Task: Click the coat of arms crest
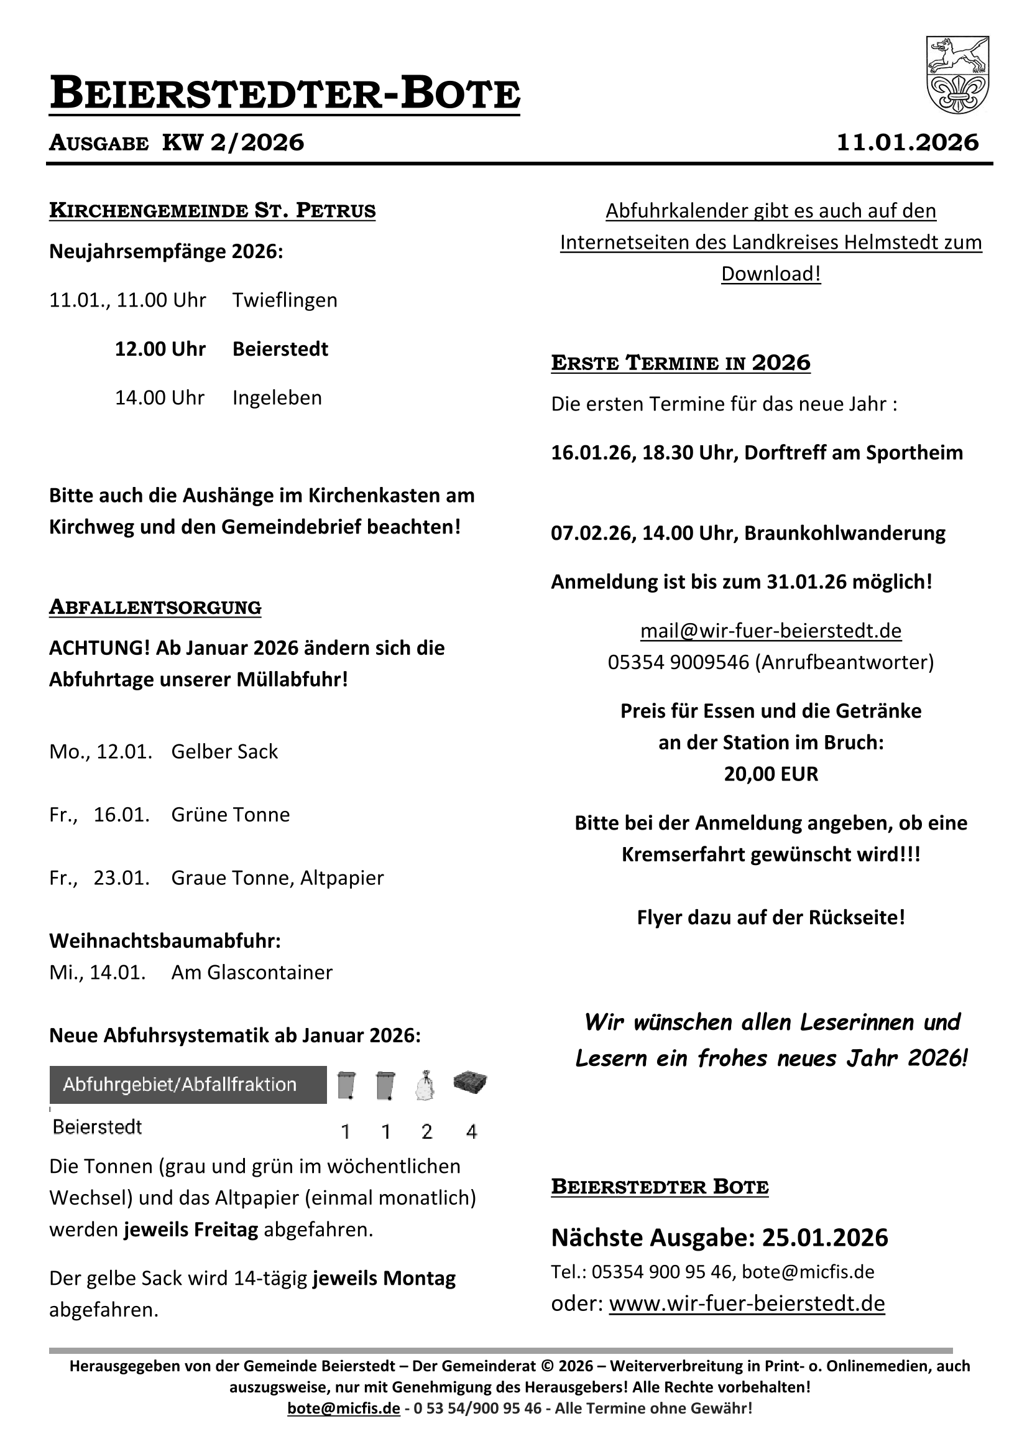pyautogui.click(x=957, y=75)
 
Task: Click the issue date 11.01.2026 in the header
pyautogui.click(x=908, y=142)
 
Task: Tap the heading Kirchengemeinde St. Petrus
pyautogui.click(x=212, y=210)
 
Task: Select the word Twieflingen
pyautogui.click(x=284, y=300)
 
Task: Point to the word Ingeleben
pyautogui.click(x=277, y=397)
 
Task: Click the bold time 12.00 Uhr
pyautogui.click(x=160, y=349)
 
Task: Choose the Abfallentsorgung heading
pyautogui.click(x=155, y=608)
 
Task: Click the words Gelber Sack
pyautogui.click(x=224, y=751)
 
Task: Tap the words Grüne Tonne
pyautogui.click(x=231, y=815)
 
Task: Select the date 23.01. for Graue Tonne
pyautogui.click(x=122, y=877)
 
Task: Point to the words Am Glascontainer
pyautogui.click(x=251, y=972)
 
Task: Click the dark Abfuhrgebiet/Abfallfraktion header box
pyautogui.click(x=188, y=1085)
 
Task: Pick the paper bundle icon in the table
pyautogui.click(x=471, y=1082)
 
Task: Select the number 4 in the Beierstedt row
pyautogui.click(x=471, y=1132)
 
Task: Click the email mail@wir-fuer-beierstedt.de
pyautogui.click(x=771, y=631)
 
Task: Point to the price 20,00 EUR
pyautogui.click(x=771, y=774)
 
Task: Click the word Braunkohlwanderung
pyautogui.click(x=844, y=533)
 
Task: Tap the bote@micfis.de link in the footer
pyautogui.click(x=343, y=1408)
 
